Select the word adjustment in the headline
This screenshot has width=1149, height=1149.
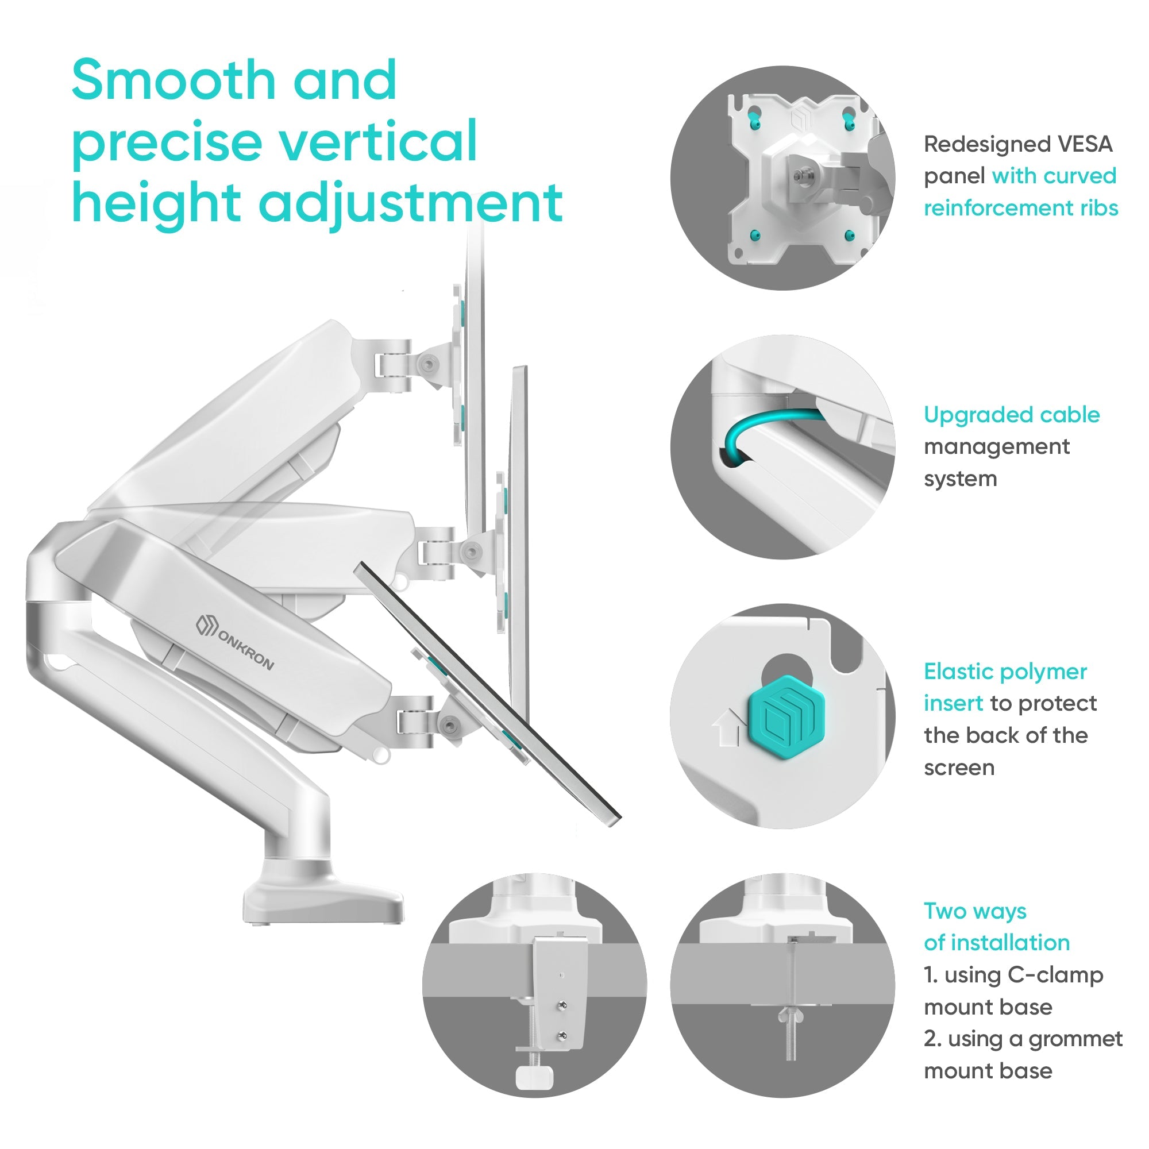pos(410,204)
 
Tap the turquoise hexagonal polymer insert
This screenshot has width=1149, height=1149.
pos(787,711)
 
